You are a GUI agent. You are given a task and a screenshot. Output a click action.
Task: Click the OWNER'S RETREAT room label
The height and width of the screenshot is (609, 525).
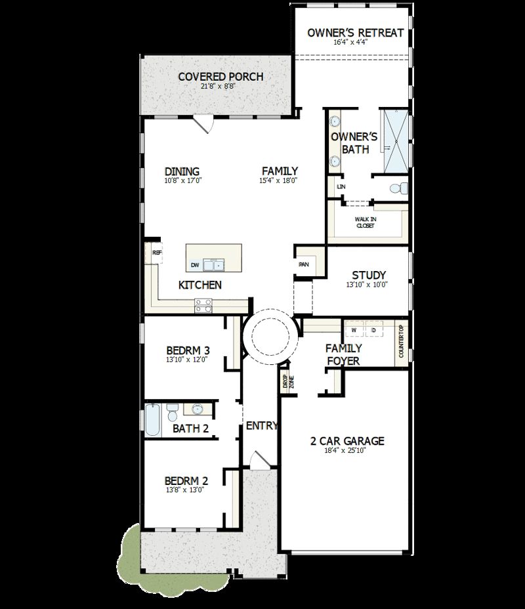[x=355, y=32]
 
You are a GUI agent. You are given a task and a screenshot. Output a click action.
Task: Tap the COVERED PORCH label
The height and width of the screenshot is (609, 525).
[x=220, y=77]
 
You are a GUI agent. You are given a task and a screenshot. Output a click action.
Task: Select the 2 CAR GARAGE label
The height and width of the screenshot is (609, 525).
[x=346, y=441]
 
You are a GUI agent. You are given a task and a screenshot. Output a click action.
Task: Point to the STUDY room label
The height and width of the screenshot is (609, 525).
[x=368, y=275]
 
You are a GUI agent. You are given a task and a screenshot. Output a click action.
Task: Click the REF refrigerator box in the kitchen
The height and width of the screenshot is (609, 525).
[x=157, y=253]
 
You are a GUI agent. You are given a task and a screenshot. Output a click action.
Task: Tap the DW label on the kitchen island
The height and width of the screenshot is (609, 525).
[x=195, y=265]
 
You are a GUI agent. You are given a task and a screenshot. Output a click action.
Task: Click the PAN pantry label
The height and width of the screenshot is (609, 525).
[x=303, y=264]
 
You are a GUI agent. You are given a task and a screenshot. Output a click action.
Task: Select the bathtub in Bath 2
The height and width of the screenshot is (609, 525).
[x=152, y=420]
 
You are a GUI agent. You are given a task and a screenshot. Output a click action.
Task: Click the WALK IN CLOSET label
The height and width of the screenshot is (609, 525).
[x=365, y=222]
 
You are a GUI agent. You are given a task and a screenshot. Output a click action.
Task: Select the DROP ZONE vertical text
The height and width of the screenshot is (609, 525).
[x=287, y=383]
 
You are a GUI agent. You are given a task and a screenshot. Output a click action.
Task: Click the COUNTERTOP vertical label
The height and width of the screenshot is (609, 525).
[x=402, y=341]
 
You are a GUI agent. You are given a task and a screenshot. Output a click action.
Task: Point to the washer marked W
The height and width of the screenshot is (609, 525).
[x=354, y=329]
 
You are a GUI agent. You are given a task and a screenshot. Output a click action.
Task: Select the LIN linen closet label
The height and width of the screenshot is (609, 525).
[x=340, y=186]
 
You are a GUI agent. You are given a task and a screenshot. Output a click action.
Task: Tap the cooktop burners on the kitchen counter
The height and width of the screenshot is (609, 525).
[x=203, y=304]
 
